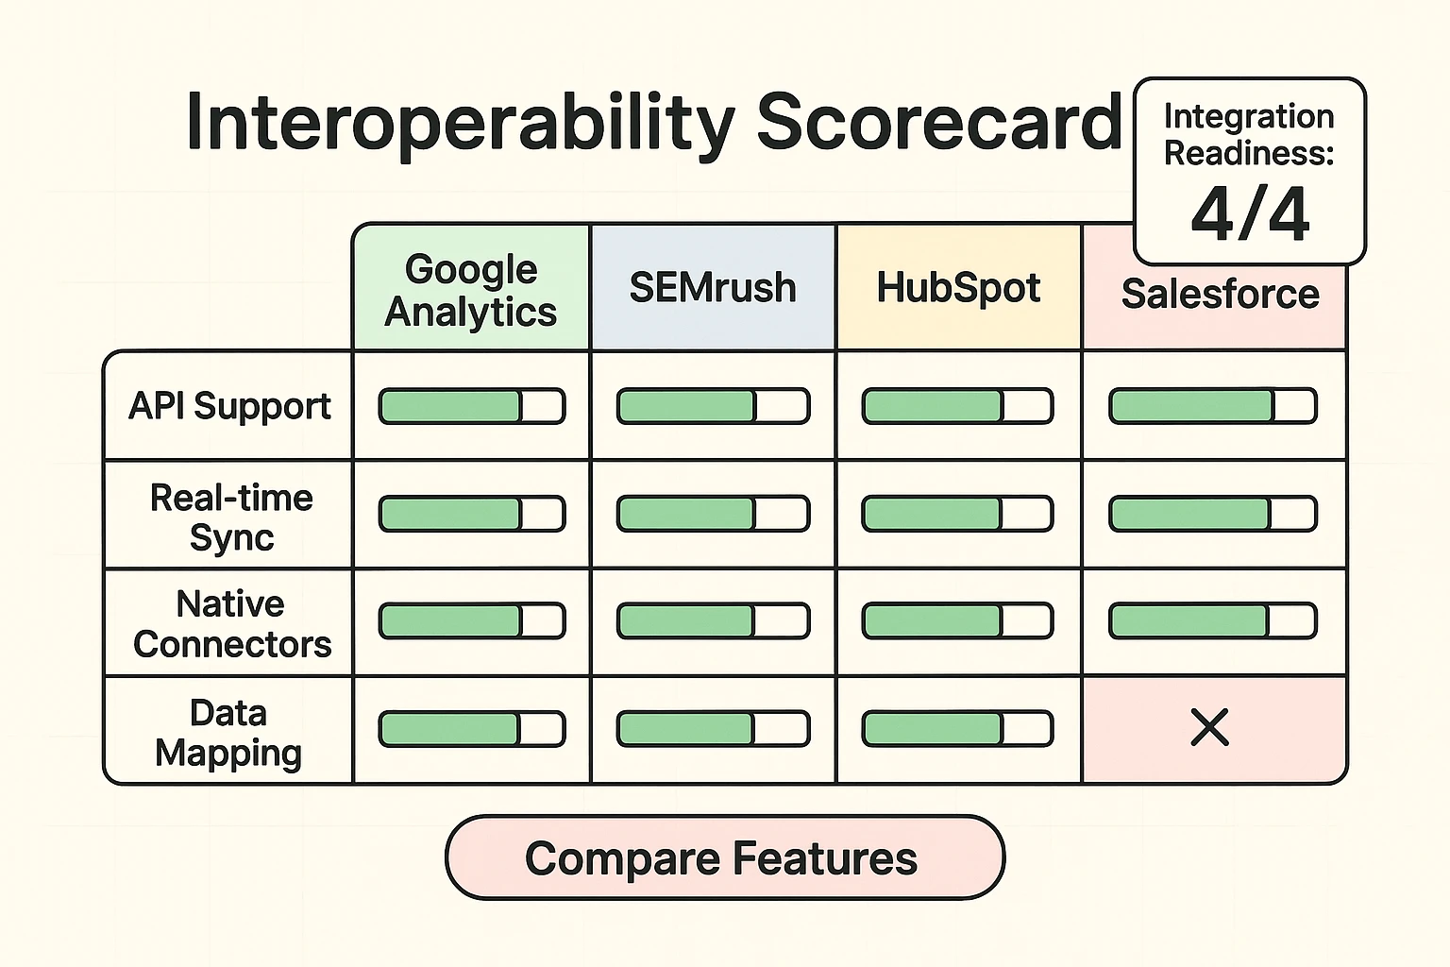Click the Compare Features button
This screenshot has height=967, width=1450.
pos(724,857)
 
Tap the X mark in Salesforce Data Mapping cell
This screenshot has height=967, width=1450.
pos(1209,728)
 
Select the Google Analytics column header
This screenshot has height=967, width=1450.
pos(471,290)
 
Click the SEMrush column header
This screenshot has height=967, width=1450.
pos(713,288)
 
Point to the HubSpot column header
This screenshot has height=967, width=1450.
pos(958,288)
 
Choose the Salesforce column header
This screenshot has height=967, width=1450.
pos(1220,295)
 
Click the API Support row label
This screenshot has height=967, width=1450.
pos(229,406)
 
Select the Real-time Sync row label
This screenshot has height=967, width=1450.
pos(231,517)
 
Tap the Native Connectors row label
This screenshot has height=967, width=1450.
pos(232,623)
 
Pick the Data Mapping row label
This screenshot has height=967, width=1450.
pos(228,732)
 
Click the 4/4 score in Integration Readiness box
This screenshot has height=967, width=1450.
pos(1250,213)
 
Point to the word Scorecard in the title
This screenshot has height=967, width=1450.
pos(938,123)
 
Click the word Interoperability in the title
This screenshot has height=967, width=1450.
pos(461,123)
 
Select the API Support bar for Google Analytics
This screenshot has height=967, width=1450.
pos(472,406)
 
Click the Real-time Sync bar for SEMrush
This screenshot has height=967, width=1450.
pos(713,514)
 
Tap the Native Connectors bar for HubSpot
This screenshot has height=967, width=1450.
pos(957,621)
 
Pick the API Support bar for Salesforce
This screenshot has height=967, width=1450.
pos(1212,406)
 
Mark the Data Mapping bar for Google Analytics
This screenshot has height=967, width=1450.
pos(472,729)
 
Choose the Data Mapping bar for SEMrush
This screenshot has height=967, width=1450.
pos(713,729)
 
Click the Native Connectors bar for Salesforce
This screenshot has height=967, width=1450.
pos(1212,621)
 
